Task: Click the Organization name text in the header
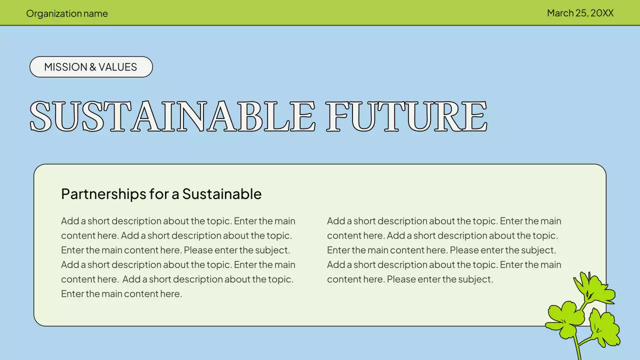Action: pyautogui.click(x=67, y=13)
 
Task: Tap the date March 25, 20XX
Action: pyautogui.click(x=580, y=13)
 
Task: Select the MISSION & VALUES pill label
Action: pyautogui.click(x=91, y=67)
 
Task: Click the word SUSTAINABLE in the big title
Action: pyautogui.click(x=172, y=117)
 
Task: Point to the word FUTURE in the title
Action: pyautogui.click(x=406, y=117)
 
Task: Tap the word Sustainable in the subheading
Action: pyautogui.click(x=221, y=194)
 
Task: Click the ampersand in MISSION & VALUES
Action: pyautogui.click(x=90, y=67)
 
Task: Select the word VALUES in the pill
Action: pyautogui.click(x=117, y=67)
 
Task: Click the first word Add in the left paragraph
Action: pyautogui.click(x=69, y=221)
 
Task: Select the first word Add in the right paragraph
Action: pyautogui.click(x=335, y=221)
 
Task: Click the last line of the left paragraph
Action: pyautogui.click(x=121, y=294)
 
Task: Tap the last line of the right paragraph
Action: pyautogui.click(x=410, y=279)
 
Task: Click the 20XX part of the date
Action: pyautogui.click(x=602, y=13)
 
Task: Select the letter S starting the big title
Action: pyautogui.click(x=41, y=117)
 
